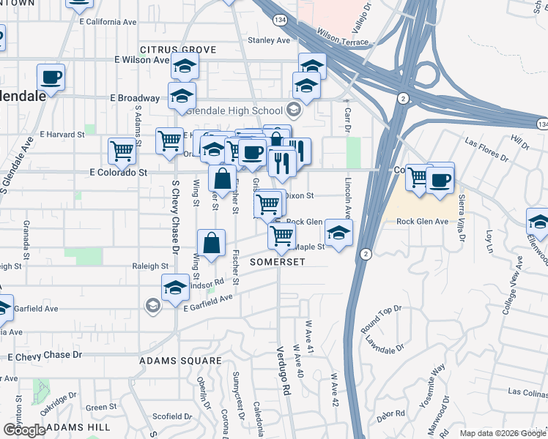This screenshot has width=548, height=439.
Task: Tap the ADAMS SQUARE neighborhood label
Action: tap(181, 361)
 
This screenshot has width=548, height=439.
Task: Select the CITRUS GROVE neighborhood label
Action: tap(178, 49)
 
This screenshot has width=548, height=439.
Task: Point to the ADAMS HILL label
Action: tap(77, 427)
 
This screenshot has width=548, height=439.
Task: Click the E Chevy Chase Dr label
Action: tap(45, 355)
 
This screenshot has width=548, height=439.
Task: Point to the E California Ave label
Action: tap(108, 22)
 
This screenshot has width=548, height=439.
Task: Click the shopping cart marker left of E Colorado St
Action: tap(122, 151)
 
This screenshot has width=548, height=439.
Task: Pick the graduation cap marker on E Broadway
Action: tap(182, 95)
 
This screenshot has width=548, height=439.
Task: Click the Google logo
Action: tap(25, 431)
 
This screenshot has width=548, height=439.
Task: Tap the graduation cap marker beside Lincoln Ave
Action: tap(338, 233)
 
